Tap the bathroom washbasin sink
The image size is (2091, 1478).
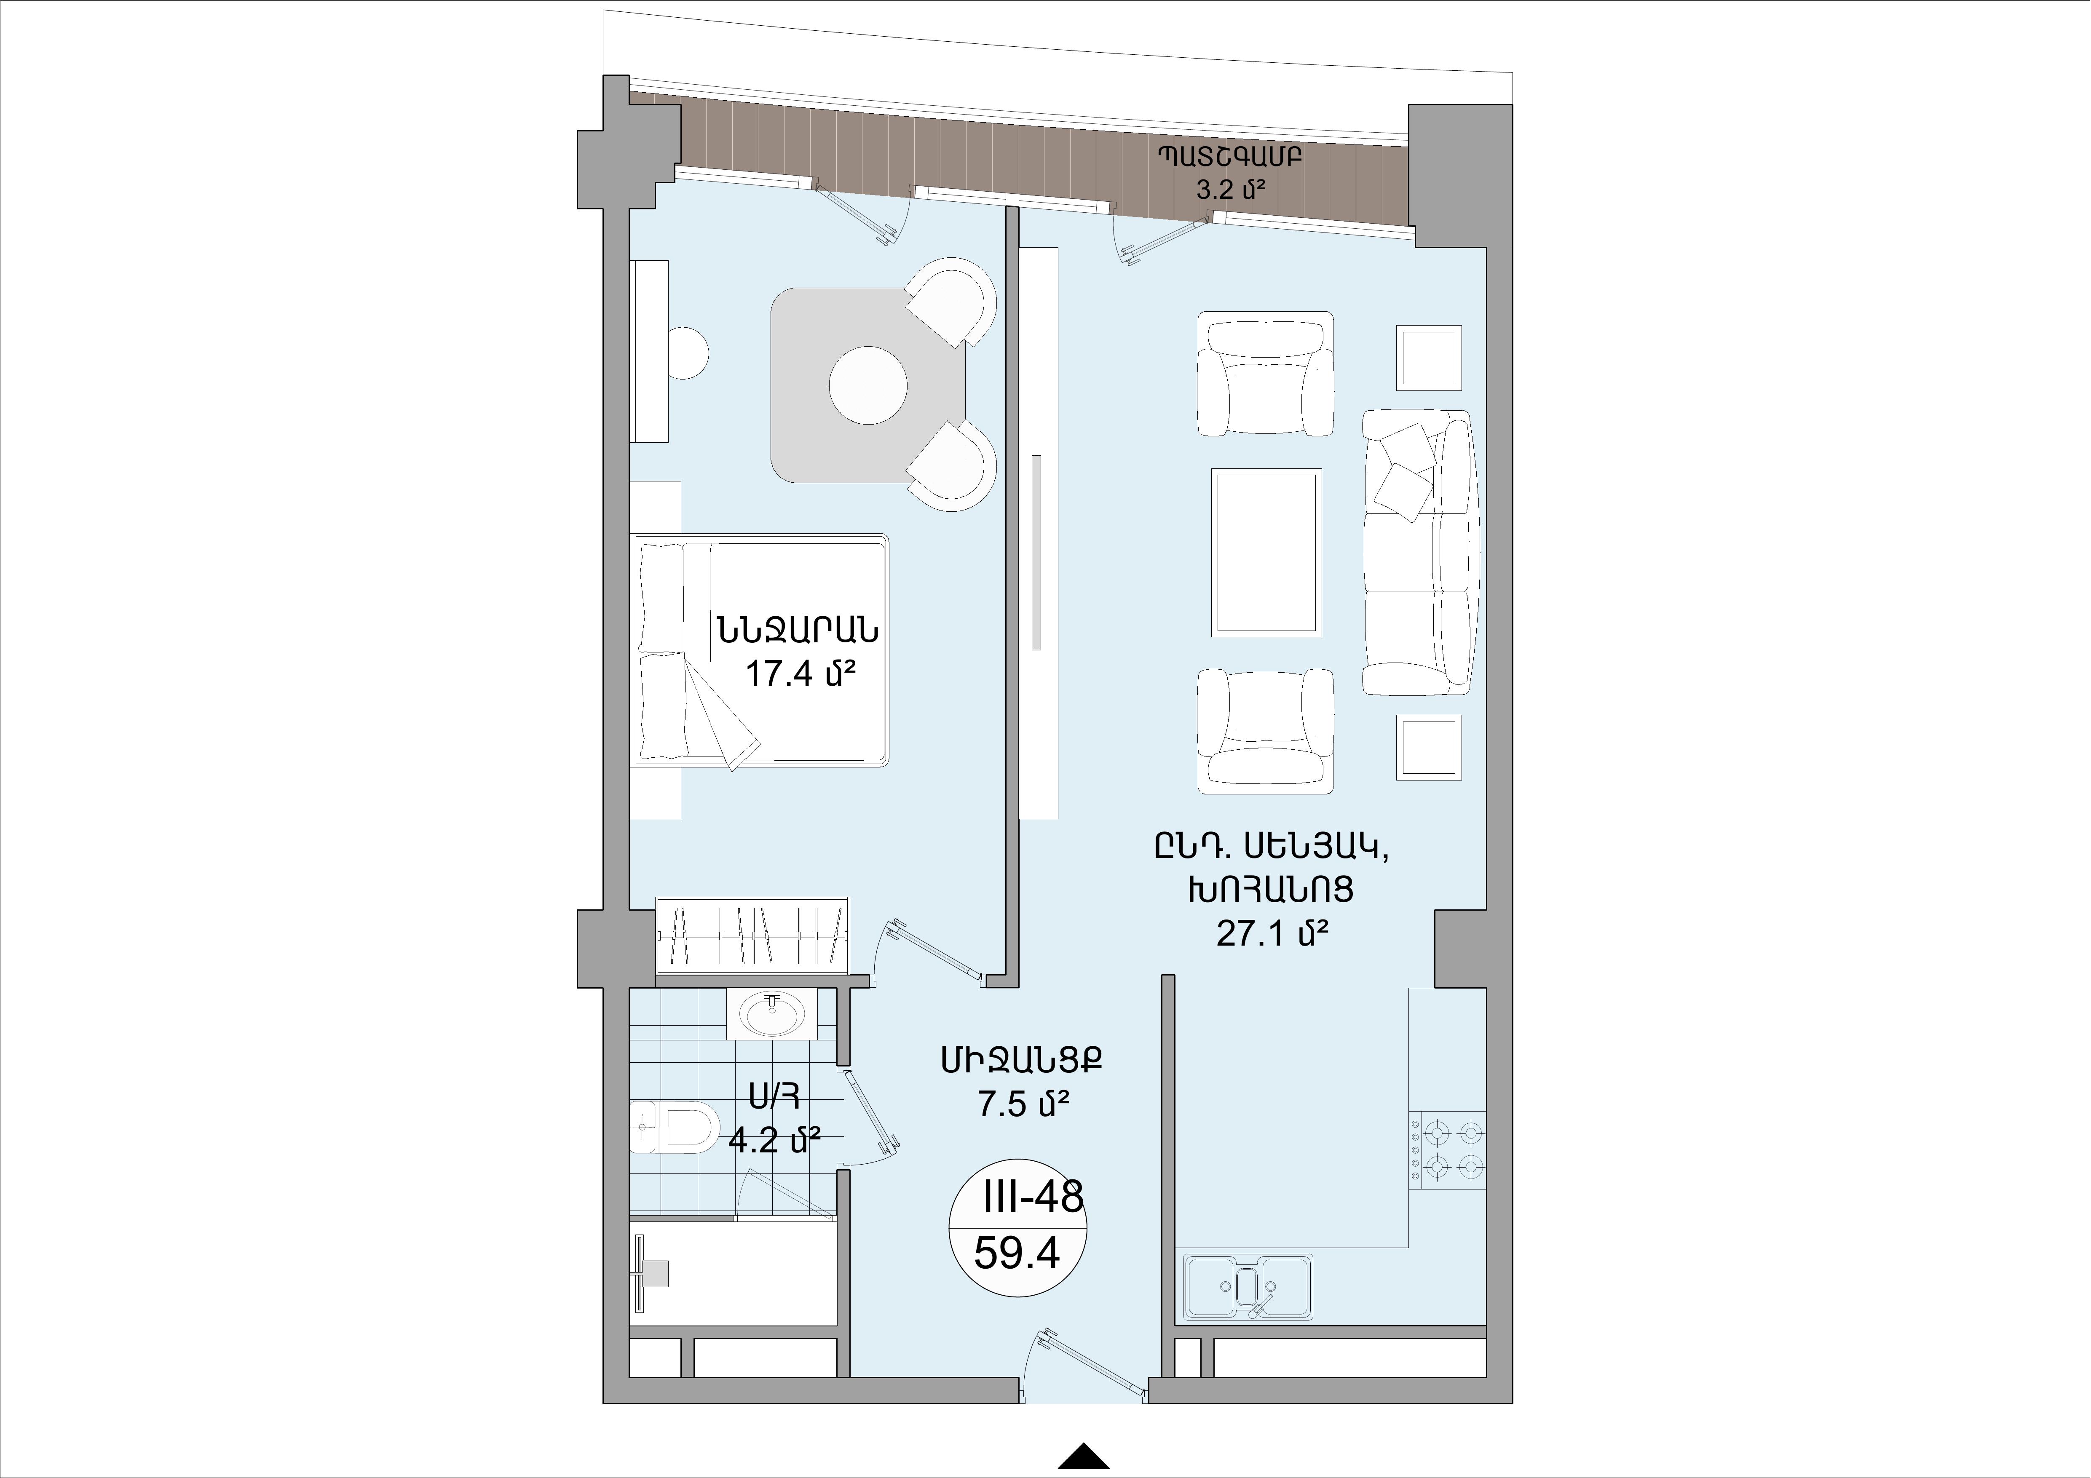[x=772, y=1013]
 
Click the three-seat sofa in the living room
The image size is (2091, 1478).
[x=1417, y=553]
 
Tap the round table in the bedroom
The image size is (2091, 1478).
[x=868, y=385]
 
